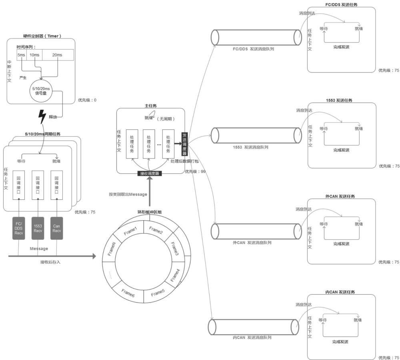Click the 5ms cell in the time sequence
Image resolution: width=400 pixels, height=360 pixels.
coord(22,54)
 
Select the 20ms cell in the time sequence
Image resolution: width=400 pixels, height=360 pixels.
coord(58,54)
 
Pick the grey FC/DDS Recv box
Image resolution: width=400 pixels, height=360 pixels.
coord(19,229)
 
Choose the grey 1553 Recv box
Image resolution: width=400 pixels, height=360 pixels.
coord(38,229)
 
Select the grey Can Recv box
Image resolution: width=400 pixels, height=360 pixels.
coord(57,229)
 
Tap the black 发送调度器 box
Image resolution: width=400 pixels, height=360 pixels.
coord(184,143)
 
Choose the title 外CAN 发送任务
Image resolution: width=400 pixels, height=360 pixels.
coord(340,197)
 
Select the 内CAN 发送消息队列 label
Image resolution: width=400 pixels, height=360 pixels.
coord(252,338)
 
